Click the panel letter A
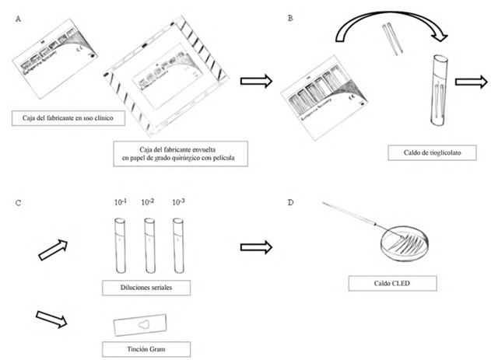click(18, 19)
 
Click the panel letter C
click(18, 204)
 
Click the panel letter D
click(290, 203)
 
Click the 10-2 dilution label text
click(149, 203)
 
